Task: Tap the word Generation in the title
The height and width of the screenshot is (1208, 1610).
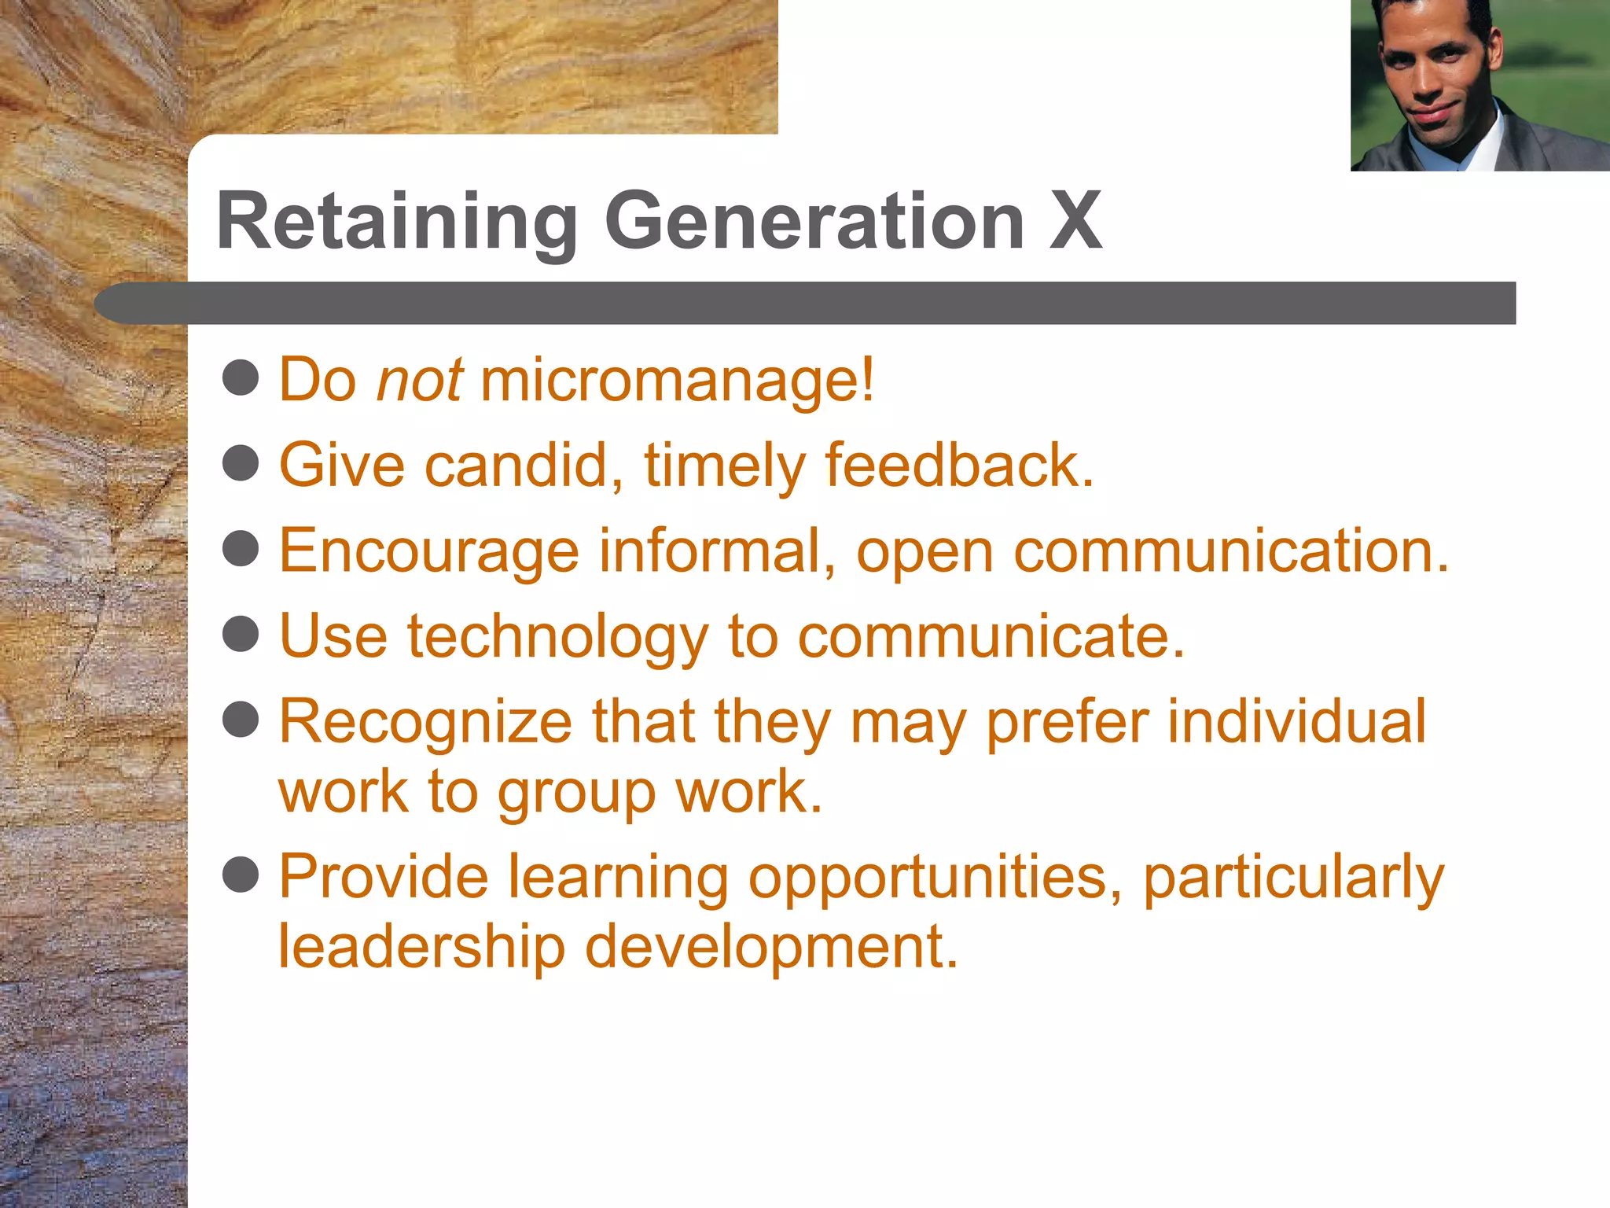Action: coord(814,223)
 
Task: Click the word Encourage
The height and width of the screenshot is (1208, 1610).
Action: coord(429,551)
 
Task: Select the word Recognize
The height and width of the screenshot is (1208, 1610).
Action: coord(425,723)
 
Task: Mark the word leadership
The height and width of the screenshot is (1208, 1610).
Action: coord(421,947)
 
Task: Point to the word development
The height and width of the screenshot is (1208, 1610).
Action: coord(771,948)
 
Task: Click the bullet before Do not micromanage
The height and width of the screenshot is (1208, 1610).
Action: coord(241,377)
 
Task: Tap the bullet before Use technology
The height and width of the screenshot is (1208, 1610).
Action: coord(241,634)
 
